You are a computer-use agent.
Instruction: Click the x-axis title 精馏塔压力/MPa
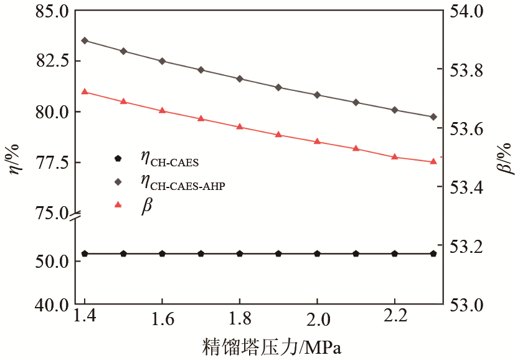click(x=272, y=346)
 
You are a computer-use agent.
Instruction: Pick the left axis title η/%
click(x=14, y=159)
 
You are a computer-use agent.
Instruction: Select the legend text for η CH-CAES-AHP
click(x=182, y=182)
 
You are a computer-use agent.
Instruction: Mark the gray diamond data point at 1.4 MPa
click(x=85, y=40)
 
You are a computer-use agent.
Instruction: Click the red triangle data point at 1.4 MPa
click(x=85, y=92)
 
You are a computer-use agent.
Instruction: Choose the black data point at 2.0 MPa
click(x=317, y=253)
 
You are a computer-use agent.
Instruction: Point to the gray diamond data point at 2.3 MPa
click(x=433, y=116)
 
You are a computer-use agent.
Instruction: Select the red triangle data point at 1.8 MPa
click(x=240, y=126)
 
